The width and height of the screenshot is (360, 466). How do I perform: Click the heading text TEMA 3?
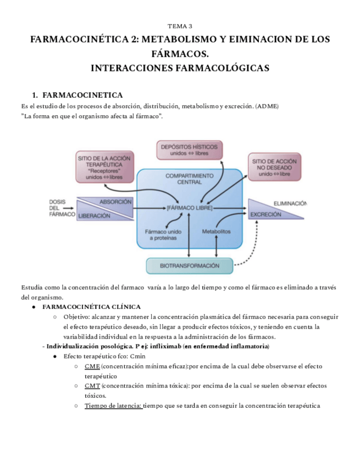pos(180,26)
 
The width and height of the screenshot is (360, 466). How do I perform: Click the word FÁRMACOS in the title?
pos(180,54)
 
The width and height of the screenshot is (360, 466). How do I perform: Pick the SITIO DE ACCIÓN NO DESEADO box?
pos(275,167)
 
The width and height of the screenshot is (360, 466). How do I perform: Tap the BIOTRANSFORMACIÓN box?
pos(189,265)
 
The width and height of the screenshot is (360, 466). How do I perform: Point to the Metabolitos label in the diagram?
pos(216,231)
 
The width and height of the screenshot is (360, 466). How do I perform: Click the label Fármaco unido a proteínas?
pos(163,235)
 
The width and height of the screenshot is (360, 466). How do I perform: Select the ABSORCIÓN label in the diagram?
pos(115,202)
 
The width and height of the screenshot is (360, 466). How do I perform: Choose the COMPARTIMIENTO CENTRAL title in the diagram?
pos(189,179)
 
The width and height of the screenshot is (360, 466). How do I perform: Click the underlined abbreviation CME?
pos(92,366)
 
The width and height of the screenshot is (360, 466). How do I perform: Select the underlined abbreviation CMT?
pos(92,386)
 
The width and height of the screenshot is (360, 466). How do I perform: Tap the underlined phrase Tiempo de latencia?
pos(113,406)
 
